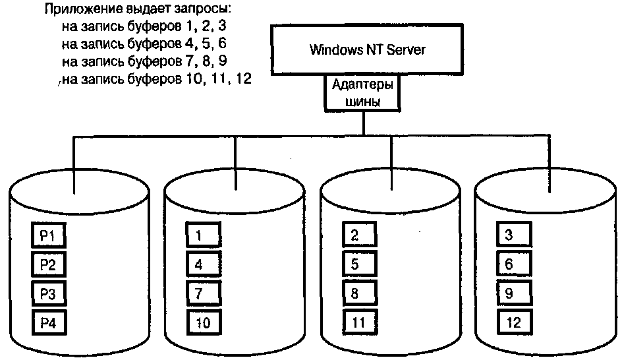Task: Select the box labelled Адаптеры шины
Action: point(362,93)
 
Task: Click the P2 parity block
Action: point(49,265)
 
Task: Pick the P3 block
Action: point(49,293)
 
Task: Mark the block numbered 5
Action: point(359,265)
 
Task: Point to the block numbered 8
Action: point(359,293)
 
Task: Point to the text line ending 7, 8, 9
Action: point(144,62)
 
